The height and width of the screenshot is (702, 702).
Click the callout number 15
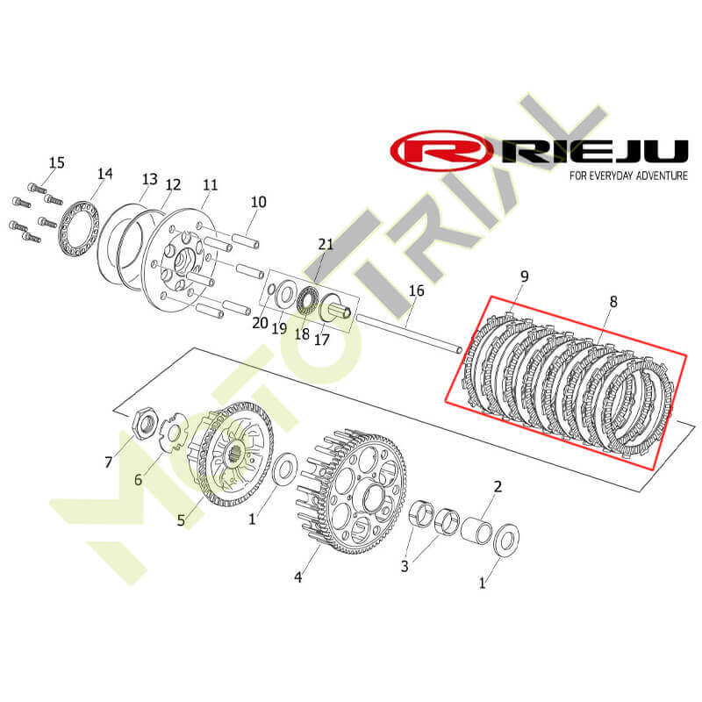point(57,162)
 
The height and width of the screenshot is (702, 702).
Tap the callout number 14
point(105,173)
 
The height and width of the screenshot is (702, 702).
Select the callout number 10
point(258,202)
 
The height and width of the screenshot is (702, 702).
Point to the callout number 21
point(326,244)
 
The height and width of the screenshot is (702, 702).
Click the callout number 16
point(416,290)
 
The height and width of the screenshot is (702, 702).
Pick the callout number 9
point(524,276)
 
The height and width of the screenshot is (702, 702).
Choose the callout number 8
point(613,302)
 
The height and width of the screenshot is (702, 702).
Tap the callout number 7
point(108,462)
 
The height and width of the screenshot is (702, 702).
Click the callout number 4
point(298,577)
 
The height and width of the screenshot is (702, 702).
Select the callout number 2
point(498,487)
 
